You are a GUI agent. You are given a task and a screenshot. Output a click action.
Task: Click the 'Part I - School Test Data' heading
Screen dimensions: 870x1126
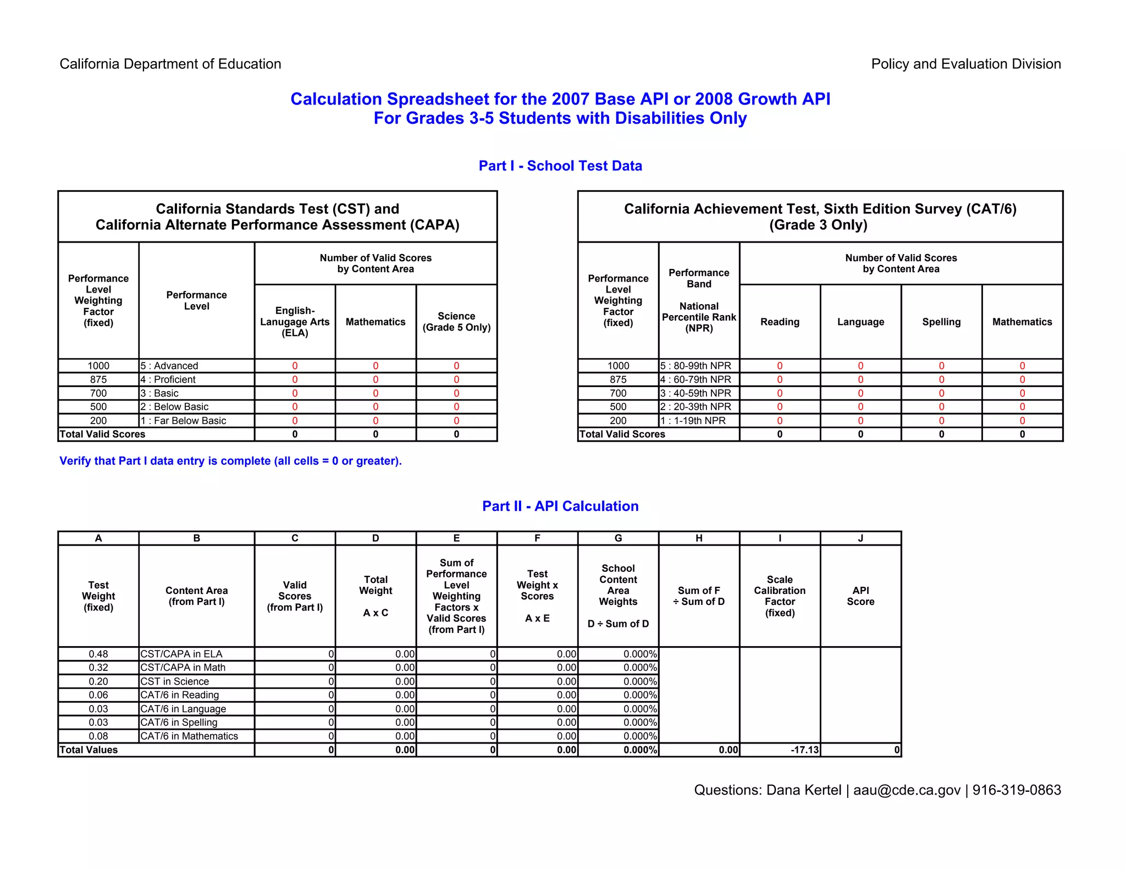pos(560,166)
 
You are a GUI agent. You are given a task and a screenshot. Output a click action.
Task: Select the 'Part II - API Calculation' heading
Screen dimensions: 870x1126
pos(560,506)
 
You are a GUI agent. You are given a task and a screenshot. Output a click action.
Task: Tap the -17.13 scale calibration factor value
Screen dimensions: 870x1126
pos(804,750)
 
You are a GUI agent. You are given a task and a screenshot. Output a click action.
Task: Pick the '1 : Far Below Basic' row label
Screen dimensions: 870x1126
pos(183,421)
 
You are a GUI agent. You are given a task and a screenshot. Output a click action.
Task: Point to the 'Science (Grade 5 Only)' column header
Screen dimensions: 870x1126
pos(456,322)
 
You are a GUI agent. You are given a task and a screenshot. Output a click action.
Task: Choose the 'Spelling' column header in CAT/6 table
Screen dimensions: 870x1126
pos(941,322)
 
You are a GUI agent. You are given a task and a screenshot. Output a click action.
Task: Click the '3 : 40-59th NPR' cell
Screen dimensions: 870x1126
pos(696,393)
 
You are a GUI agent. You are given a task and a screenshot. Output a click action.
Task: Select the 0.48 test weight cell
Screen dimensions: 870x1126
pos(98,654)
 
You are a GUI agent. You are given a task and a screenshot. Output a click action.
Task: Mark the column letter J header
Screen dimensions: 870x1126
pos(860,538)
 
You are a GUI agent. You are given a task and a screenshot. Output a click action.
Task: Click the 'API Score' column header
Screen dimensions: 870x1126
pos(860,596)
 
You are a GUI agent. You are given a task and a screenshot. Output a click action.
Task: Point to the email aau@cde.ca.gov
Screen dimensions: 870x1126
pos(907,790)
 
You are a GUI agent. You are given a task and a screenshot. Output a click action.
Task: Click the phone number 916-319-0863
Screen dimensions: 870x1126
pos(1017,790)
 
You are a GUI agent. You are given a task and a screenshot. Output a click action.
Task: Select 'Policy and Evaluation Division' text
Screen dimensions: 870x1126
pos(965,64)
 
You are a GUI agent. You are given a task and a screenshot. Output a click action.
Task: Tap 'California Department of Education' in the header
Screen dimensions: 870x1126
pos(170,64)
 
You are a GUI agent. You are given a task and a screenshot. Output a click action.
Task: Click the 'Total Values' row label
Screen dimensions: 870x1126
pos(89,750)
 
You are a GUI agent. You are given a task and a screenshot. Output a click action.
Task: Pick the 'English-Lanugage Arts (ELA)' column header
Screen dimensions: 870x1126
pos(295,322)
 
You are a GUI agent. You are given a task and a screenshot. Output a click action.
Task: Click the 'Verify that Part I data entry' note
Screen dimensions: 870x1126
pos(230,461)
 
